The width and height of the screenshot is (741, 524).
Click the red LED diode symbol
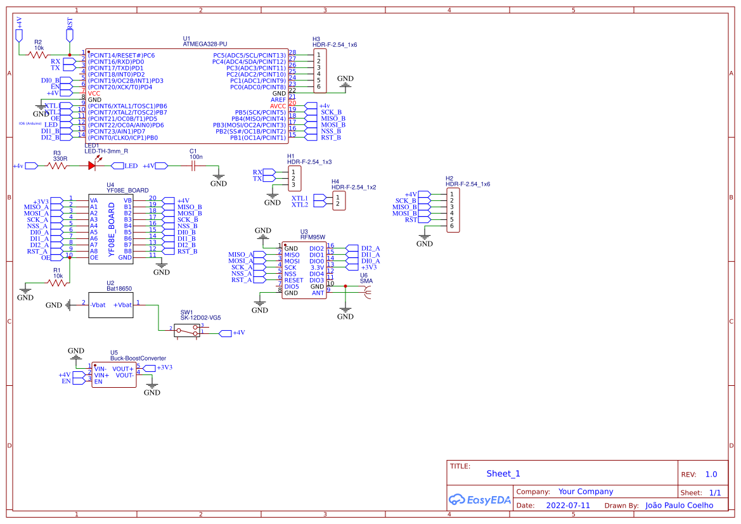[x=93, y=166]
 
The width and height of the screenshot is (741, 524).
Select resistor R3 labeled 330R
[x=57, y=166]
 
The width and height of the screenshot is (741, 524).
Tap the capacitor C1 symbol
[x=193, y=166]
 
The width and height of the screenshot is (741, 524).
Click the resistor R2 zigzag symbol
[x=38, y=55]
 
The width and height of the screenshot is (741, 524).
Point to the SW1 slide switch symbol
[x=188, y=330]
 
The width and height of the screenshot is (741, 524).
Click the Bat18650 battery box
[x=111, y=305]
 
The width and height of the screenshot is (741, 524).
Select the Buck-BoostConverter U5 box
[x=114, y=375]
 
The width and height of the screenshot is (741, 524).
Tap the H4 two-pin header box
[x=339, y=201]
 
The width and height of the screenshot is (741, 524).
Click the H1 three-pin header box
[x=294, y=179]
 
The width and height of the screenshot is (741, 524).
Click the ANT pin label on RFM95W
[x=318, y=293]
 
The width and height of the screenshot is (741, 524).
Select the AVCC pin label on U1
[x=278, y=106]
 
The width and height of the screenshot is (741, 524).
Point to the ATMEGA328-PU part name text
[x=204, y=44]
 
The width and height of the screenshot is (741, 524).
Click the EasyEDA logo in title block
[x=479, y=500]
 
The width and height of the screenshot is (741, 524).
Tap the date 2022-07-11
[x=567, y=506]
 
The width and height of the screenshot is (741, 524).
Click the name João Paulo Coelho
[x=678, y=506]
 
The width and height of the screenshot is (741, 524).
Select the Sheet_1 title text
[x=503, y=473]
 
